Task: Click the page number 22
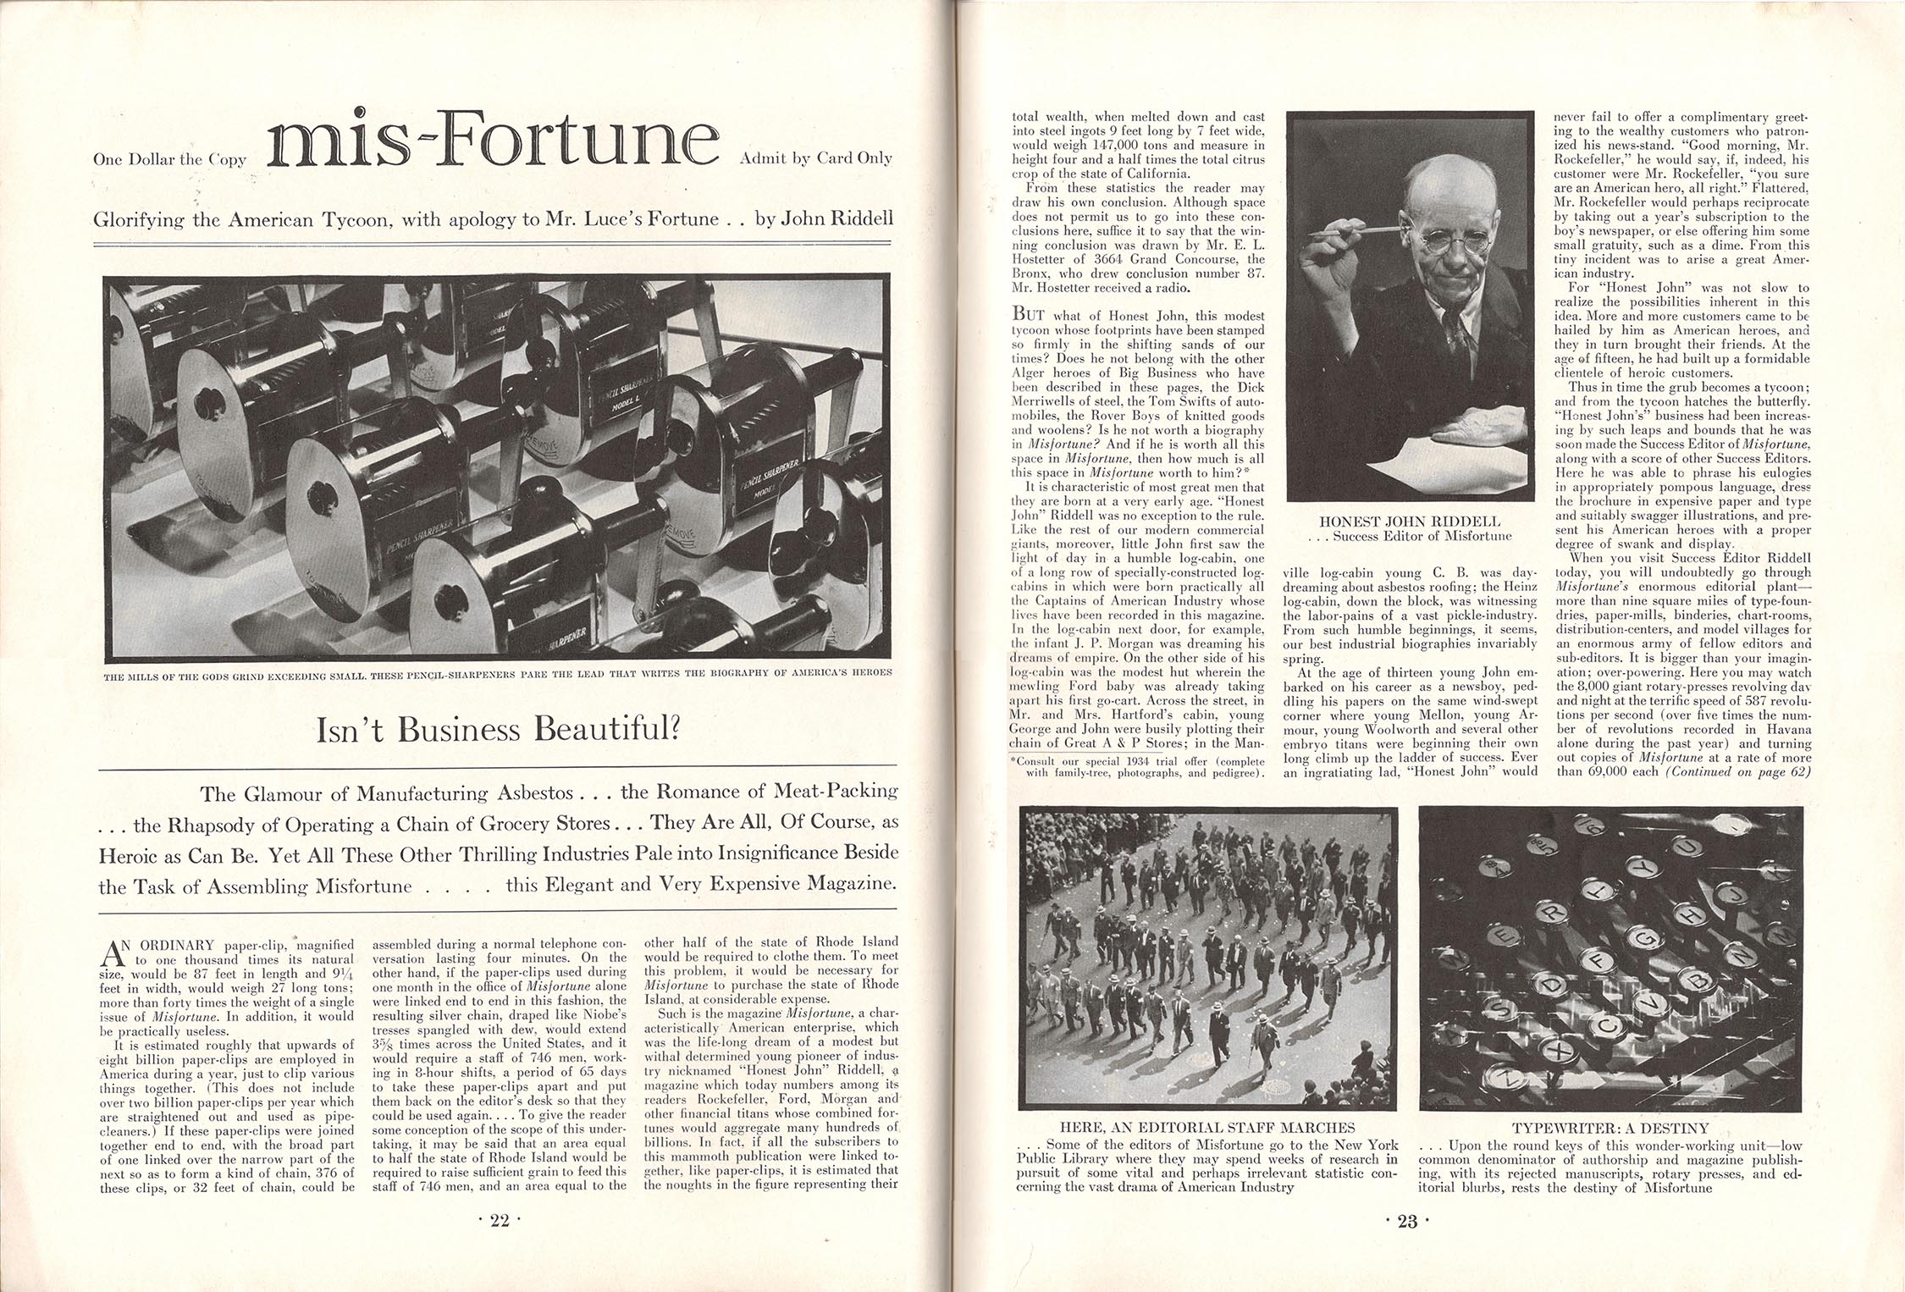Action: (x=500, y=1220)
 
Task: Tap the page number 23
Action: (x=1406, y=1220)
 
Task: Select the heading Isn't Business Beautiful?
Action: (x=499, y=729)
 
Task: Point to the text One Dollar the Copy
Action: (x=169, y=159)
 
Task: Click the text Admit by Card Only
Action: (x=815, y=157)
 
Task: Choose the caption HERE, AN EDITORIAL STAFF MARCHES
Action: (x=1207, y=1128)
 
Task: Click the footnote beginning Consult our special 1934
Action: (x=1139, y=766)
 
